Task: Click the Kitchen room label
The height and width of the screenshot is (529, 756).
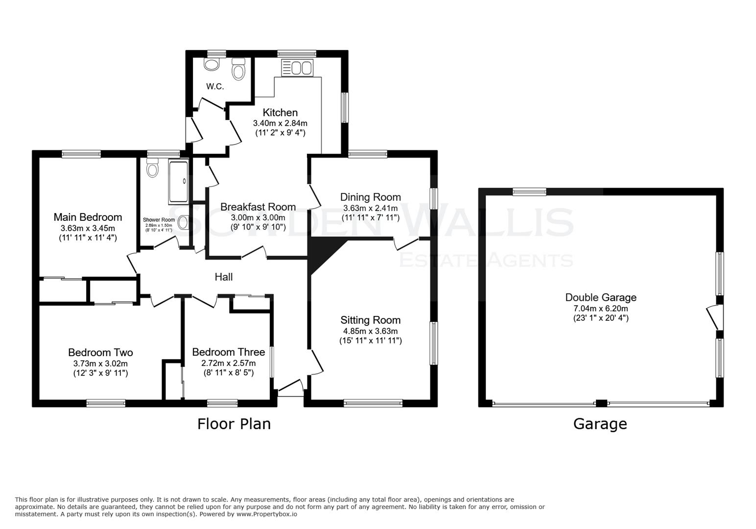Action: [x=280, y=112]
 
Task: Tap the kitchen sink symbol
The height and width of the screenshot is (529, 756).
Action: [x=297, y=68]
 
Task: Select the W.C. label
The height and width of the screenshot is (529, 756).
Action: [x=215, y=87]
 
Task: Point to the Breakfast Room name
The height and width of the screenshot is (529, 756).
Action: [x=258, y=207]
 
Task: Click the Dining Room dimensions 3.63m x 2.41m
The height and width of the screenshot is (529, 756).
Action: [x=370, y=208]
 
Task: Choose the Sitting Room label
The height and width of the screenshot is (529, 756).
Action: [x=370, y=320]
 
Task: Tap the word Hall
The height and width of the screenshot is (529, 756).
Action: [x=224, y=277]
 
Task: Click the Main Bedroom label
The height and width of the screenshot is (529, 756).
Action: [x=88, y=217]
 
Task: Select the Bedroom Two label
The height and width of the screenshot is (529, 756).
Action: [x=100, y=352]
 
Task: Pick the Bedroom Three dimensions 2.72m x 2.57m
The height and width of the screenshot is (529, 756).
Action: [x=228, y=363]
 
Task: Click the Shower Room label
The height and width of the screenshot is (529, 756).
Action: [x=159, y=220]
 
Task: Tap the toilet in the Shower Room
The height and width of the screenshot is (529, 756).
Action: [x=153, y=169]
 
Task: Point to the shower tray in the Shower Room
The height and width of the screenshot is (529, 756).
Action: [x=178, y=182]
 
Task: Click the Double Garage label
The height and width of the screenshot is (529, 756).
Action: [x=600, y=297]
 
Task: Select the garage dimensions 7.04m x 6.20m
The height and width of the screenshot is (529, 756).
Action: [x=600, y=308]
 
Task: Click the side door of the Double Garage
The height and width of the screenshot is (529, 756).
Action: [x=714, y=317]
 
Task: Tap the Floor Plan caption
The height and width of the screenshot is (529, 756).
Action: [x=234, y=424]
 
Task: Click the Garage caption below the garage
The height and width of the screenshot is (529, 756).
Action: [x=600, y=424]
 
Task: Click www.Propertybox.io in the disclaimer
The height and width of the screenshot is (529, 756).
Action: [x=266, y=514]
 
